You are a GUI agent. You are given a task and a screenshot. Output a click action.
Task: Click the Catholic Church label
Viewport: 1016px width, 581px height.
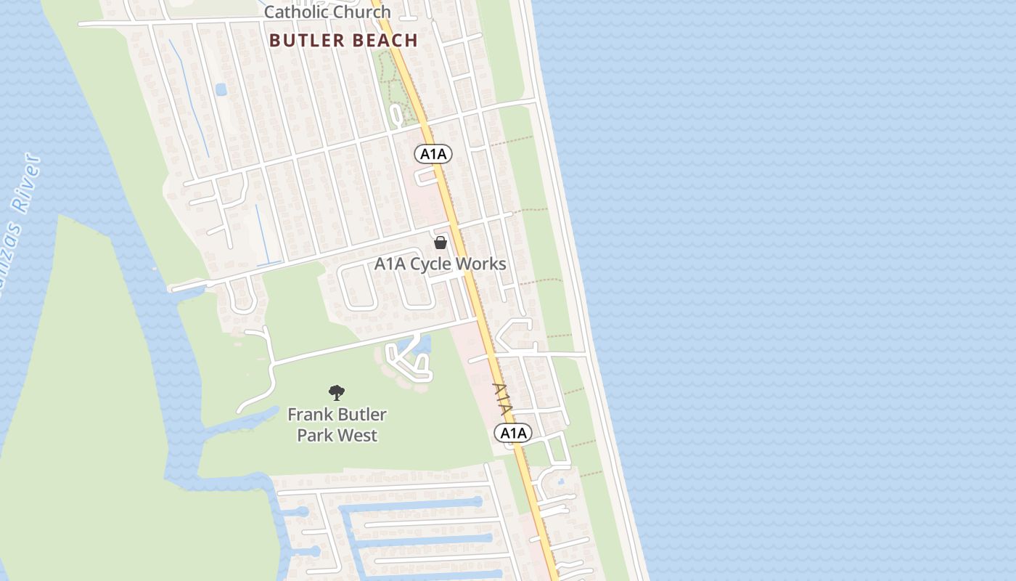[327, 12]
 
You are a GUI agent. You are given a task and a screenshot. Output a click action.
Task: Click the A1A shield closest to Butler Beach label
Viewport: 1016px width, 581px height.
[434, 154]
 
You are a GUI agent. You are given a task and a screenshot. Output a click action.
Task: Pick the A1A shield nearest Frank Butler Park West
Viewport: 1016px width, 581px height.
[513, 434]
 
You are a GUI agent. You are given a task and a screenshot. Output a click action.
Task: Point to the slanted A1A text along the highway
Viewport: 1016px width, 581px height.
[503, 399]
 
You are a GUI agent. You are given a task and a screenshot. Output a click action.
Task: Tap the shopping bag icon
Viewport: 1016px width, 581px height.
[441, 243]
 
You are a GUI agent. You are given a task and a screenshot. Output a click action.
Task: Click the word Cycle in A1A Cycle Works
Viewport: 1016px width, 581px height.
[438, 264]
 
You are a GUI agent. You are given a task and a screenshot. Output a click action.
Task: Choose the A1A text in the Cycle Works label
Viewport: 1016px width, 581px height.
[390, 264]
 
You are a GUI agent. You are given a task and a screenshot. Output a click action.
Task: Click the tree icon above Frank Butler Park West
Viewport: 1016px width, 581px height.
[337, 393]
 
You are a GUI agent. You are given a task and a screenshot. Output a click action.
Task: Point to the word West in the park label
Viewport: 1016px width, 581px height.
[359, 436]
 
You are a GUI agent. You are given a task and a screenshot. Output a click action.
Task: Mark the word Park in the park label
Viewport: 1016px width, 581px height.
[316, 436]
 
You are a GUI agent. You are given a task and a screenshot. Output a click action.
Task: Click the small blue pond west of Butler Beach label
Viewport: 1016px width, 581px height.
[221, 89]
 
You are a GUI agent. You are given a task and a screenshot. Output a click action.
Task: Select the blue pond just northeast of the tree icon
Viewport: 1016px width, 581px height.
[423, 344]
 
